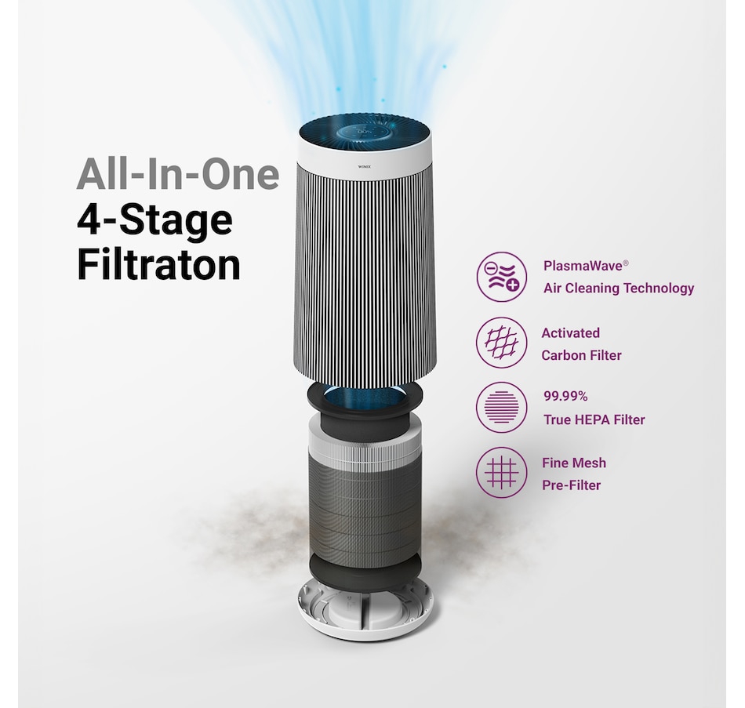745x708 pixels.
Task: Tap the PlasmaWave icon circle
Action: click(x=502, y=277)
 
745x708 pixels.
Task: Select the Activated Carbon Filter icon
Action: click(x=502, y=343)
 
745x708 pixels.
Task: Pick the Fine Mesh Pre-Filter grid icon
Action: click(x=502, y=473)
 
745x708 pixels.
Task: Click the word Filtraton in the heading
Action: click(x=158, y=265)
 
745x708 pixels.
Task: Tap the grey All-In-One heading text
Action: click(x=178, y=175)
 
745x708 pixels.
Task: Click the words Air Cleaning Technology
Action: click(x=619, y=289)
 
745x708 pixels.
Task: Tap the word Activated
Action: click(x=570, y=332)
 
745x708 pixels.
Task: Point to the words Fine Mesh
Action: click(x=574, y=463)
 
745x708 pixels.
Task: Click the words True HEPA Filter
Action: click(x=594, y=419)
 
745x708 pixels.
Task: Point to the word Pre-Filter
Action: click(x=571, y=485)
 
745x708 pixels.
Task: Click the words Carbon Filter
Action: click(x=581, y=355)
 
